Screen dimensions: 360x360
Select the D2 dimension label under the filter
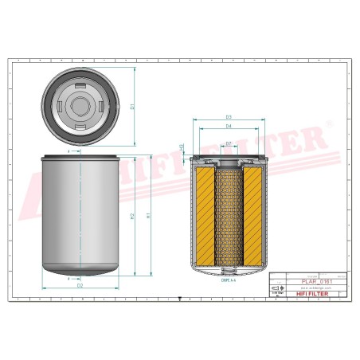click(x=80, y=285)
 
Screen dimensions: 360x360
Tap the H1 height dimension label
click(x=149, y=215)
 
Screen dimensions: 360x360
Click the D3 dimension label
click(x=228, y=117)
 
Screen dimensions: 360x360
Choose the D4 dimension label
click(x=228, y=126)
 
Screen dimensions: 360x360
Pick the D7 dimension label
click(x=229, y=143)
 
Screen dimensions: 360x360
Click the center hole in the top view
click(x=80, y=104)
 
